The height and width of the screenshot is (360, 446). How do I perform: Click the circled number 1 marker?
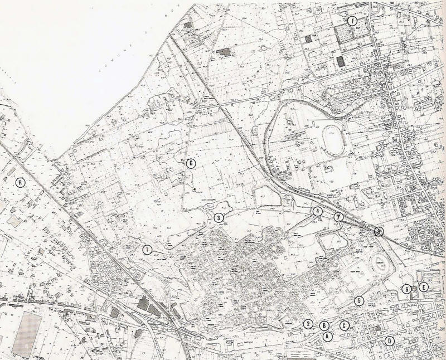pyautogui.click(x=147, y=249)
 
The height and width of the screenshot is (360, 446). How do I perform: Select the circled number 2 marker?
pyautogui.click(x=307, y=324)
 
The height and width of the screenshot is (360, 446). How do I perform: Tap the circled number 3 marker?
pyautogui.click(x=219, y=217)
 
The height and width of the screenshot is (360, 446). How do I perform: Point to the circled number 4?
pyautogui.click(x=317, y=212)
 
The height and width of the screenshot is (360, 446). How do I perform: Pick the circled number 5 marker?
pyautogui.click(x=359, y=300)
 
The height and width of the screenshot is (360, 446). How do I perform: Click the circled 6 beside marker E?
pyautogui.click(x=407, y=289)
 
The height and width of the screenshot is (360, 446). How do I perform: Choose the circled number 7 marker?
pyautogui.click(x=338, y=216)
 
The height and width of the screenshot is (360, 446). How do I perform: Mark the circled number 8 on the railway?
pyautogui.click(x=379, y=232)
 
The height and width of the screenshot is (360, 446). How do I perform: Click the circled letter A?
pyautogui.click(x=327, y=336)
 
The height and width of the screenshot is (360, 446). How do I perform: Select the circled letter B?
pyautogui.click(x=323, y=325)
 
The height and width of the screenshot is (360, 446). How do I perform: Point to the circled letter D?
pyautogui.click(x=390, y=341)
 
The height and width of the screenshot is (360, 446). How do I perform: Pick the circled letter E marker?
pyautogui.click(x=424, y=288)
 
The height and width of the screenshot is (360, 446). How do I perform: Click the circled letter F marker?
pyautogui.click(x=351, y=21)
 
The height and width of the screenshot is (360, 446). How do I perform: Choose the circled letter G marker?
pyautogui.click(x=191, y=163)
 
